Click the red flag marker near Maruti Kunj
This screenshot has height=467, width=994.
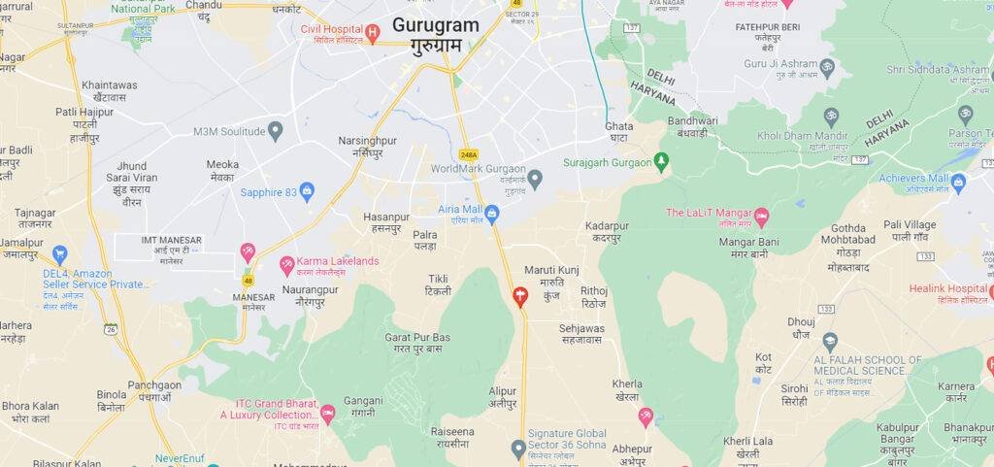point(520,296)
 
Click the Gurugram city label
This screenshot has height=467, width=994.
point(436,25)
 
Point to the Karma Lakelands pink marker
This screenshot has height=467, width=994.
point(287,263)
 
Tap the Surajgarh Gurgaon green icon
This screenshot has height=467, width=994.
point(662,161)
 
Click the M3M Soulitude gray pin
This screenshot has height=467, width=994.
point(276,131)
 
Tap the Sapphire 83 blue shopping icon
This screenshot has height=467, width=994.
point(308,191)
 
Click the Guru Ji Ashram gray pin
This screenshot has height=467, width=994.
point(827,67)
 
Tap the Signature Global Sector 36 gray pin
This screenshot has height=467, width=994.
point(518,447)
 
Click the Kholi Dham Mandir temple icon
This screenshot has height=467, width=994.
point(832,117)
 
